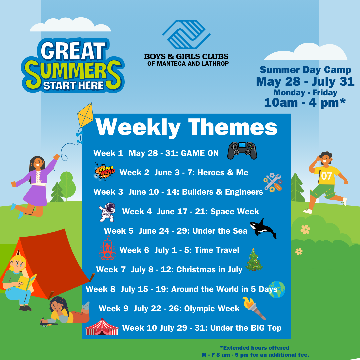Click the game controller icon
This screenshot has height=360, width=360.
pos(242,151)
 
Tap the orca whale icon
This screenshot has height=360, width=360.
pos(263,229)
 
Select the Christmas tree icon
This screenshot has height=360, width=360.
pos(254,260)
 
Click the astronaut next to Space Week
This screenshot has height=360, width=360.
pos(108,212)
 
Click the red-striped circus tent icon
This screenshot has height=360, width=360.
pos(102,327)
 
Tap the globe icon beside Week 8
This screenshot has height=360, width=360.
pos(277,289)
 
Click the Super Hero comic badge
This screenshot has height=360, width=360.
pos(104,172)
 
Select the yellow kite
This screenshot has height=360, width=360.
pos(85,115)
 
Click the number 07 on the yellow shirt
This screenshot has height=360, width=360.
pos(326,176)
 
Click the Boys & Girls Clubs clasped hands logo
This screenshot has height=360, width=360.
pos(186,34)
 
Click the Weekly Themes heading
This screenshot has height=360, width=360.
pos(187,127)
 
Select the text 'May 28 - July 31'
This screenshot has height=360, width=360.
pos(305,81)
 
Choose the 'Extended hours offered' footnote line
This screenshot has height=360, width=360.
pos(254,348)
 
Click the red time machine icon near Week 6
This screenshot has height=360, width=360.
pos(107,249)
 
